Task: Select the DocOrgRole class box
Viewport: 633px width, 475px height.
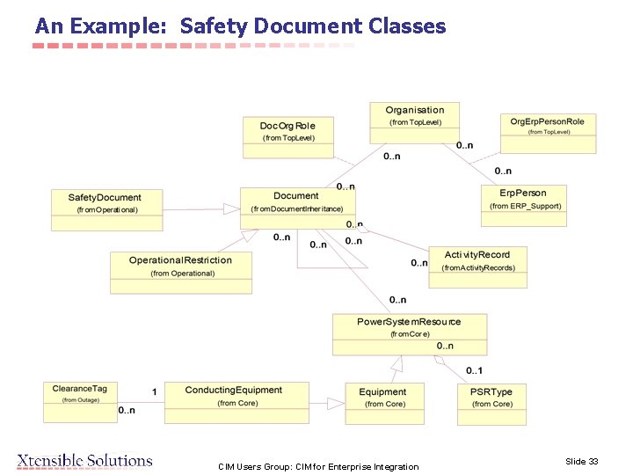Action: point(287,136)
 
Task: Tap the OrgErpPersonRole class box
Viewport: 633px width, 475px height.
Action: point(548,133)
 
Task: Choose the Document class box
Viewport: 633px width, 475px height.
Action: point(297,208)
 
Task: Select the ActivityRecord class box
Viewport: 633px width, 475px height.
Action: point(477,267)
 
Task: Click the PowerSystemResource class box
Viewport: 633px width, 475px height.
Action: point(409,333)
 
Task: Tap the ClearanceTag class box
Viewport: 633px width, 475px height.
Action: point(79,400)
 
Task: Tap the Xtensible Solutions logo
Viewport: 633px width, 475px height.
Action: point(84,460)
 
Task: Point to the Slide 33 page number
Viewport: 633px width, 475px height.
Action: point(581,461)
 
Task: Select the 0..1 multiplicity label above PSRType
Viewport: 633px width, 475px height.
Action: point(474,370)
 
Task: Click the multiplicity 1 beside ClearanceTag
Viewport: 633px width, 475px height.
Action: point(154,391)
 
